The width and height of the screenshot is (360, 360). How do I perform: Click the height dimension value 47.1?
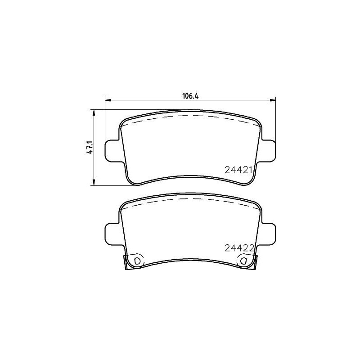(x=90, y=147)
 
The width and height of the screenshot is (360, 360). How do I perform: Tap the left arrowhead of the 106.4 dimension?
(x=108, y=100)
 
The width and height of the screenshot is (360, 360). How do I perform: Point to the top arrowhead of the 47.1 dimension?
(x=94, y=112)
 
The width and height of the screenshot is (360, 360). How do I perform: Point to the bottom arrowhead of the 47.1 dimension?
(x=94, y=182)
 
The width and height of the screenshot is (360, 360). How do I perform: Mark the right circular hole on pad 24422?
(x=244, y=261)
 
